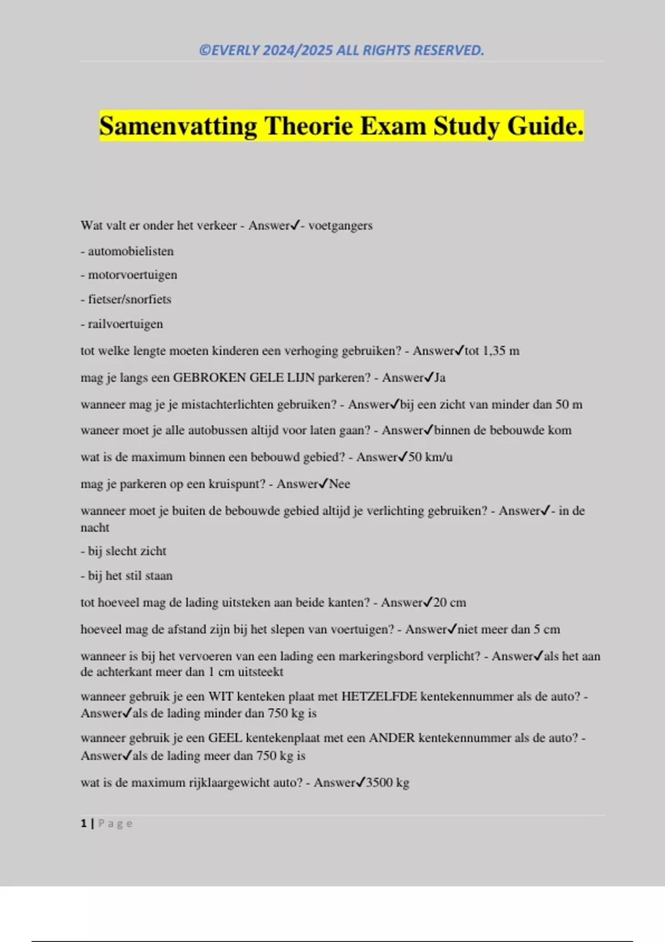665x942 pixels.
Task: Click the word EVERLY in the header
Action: pyautogui.click(x=236, y=50)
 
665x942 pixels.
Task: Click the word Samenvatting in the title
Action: pyautogui.click(x=178, y=126)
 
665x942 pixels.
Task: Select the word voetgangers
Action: pyautogui.click(x=340, y=226)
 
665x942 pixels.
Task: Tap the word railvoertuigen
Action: pyautogui.click(x=125, y=324)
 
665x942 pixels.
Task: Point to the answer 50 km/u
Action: pyautogui.click(x=431, y=457)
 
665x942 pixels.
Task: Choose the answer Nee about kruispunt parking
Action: pyautogui.click(x=340, y=484)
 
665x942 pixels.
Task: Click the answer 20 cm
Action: pyautogui.click(x=449, y=603)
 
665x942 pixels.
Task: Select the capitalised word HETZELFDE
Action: pyautogui.click(x=379, y=697)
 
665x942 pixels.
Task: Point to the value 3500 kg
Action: pyautogui.click(x=387, y=783)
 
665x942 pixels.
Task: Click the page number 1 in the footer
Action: pyautogui.click(x=84, y=823)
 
